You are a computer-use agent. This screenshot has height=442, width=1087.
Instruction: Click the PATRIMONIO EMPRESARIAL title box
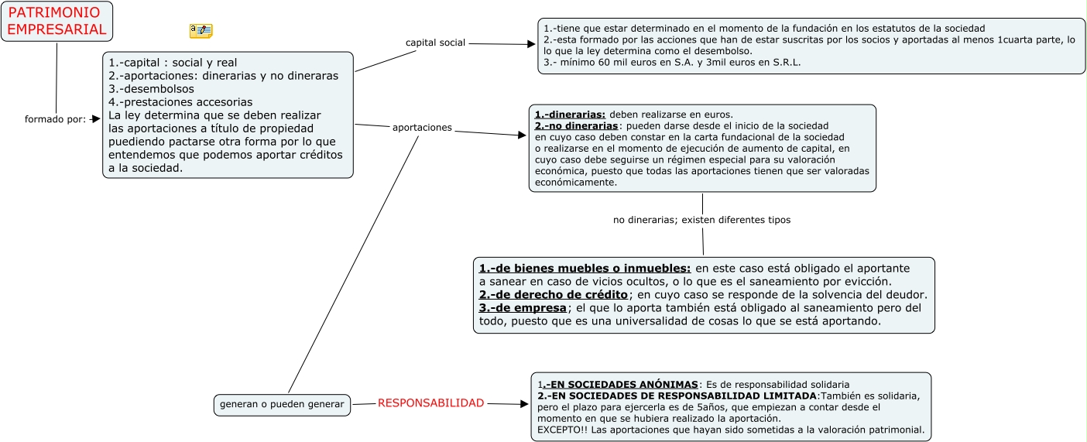[x=57, y=21]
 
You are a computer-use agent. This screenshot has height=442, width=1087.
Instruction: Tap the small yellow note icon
[x=201, y=31]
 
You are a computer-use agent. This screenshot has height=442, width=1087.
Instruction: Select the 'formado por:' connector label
[x=55, y=119]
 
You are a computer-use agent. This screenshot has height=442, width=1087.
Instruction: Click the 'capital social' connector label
[x=435, y=43]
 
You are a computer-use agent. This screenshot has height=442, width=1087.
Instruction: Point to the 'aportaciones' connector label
[x=422, y=127]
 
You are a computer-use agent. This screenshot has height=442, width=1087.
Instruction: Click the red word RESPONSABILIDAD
[x=430, y=403]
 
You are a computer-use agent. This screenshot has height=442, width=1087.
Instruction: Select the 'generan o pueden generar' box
[x=282, y=404]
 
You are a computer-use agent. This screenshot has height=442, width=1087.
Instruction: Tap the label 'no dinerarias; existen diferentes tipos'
[x=701, y=220]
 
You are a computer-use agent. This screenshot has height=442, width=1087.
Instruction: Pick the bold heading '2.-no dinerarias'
[x=577, y=125]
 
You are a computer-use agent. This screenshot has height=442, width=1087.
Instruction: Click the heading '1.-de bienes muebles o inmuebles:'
[x=585, y=268]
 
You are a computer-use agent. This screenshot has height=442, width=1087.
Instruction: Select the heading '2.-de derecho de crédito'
[x=553, y=295]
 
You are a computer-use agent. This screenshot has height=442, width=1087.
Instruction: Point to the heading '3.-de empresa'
[x=523, y=308]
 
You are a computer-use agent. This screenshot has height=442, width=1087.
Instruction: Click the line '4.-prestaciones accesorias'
[x=180, y=101]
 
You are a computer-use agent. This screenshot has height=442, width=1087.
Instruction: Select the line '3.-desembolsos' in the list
[x=152, y=88]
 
